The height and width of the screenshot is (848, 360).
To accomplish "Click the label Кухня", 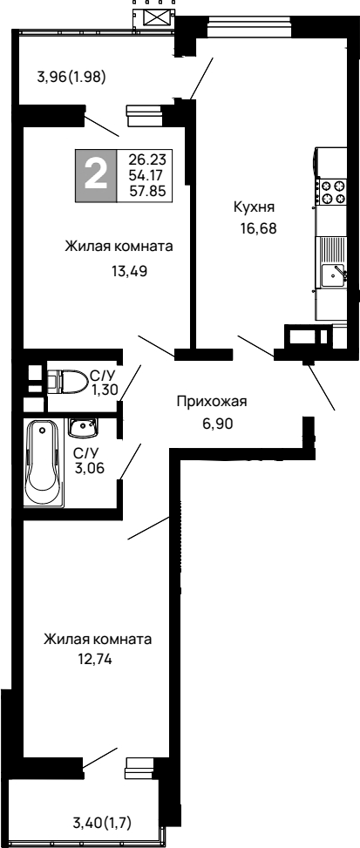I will click(x=254, y=207).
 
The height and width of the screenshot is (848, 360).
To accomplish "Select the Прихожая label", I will click(x=212, y=402).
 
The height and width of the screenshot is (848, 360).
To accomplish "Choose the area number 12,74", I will click(x=97, y=660).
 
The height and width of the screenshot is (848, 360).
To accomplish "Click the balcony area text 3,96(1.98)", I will click(x=71, y=76).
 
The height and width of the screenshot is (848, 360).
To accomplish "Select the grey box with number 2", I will click(x=97, y=175).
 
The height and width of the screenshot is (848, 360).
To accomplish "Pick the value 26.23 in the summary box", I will click(x=147, y=159).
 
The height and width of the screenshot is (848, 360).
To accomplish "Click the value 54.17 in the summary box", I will click(x=147, y=175).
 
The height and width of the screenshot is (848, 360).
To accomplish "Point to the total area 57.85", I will click(x=147, y=190).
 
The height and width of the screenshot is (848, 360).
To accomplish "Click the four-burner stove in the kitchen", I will click(x=332, y=191).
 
